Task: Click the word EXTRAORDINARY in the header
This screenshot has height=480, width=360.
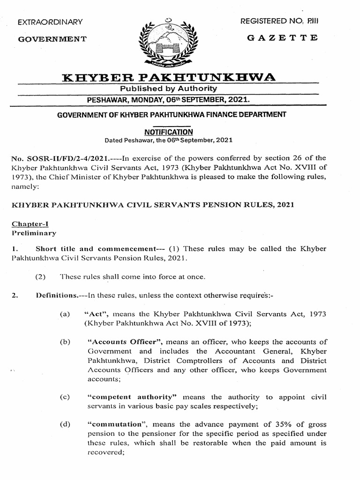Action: (x=50, y=22)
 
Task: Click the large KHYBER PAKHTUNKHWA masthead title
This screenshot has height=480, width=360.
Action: (x=169, y=76)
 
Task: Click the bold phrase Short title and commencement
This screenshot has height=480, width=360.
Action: (x=95, y=248)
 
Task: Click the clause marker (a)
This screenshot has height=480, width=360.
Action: (x=65, y=313)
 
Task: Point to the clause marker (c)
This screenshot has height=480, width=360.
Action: (x=65, y=397)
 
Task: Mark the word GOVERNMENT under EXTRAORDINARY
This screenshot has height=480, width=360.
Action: (x=52, y=39)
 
